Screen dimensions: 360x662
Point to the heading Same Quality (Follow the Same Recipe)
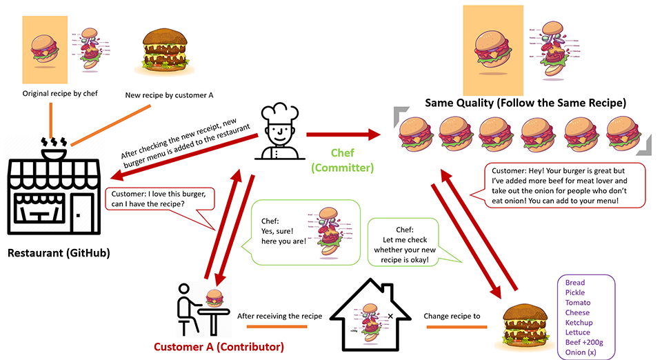(525, 103)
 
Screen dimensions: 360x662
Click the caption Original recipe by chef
(60, 93)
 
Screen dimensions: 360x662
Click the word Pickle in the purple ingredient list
(574, 292)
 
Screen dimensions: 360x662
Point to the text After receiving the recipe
(279, 316)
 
